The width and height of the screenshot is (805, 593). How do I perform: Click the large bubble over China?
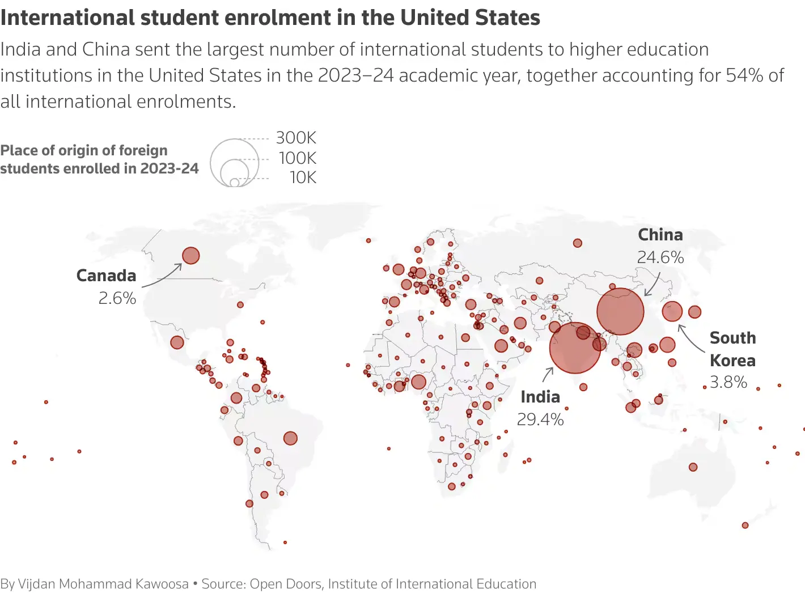point(620,311)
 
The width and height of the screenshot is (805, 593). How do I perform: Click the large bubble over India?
point(575,348)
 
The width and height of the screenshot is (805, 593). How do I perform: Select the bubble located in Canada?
point(191,256)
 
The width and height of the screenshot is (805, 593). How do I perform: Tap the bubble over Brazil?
point(290,438)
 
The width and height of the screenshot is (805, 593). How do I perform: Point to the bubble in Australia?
point(693,467)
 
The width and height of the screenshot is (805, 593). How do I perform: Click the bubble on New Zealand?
point(745,525)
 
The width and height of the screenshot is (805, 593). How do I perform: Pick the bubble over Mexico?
point(177,342)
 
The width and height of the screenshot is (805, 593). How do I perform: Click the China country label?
point(660,235)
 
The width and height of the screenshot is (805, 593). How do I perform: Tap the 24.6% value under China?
point(660,257)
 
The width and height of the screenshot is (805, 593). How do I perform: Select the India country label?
point(540,397)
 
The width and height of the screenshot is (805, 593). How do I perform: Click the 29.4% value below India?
point(540,420)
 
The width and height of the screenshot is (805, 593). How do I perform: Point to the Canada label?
point(107,276)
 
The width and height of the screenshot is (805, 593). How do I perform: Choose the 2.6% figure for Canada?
point(117,298)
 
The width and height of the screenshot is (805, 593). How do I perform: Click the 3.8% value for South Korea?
point(728,382)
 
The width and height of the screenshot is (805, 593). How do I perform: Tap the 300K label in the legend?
point(296,138)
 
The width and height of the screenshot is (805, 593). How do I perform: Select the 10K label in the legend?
point(303,177)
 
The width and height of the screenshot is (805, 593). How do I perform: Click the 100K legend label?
point(297,158)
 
